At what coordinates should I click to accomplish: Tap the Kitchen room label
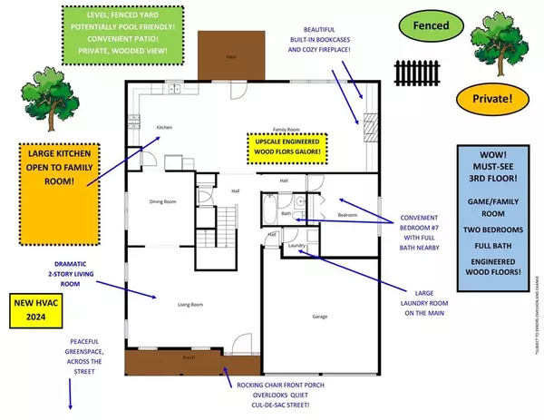(x=165, y=127)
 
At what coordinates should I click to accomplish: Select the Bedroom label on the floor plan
(x=348, y=216)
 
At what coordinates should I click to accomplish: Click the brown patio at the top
(x=230, y=55)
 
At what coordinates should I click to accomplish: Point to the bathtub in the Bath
(x=269, y=212)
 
